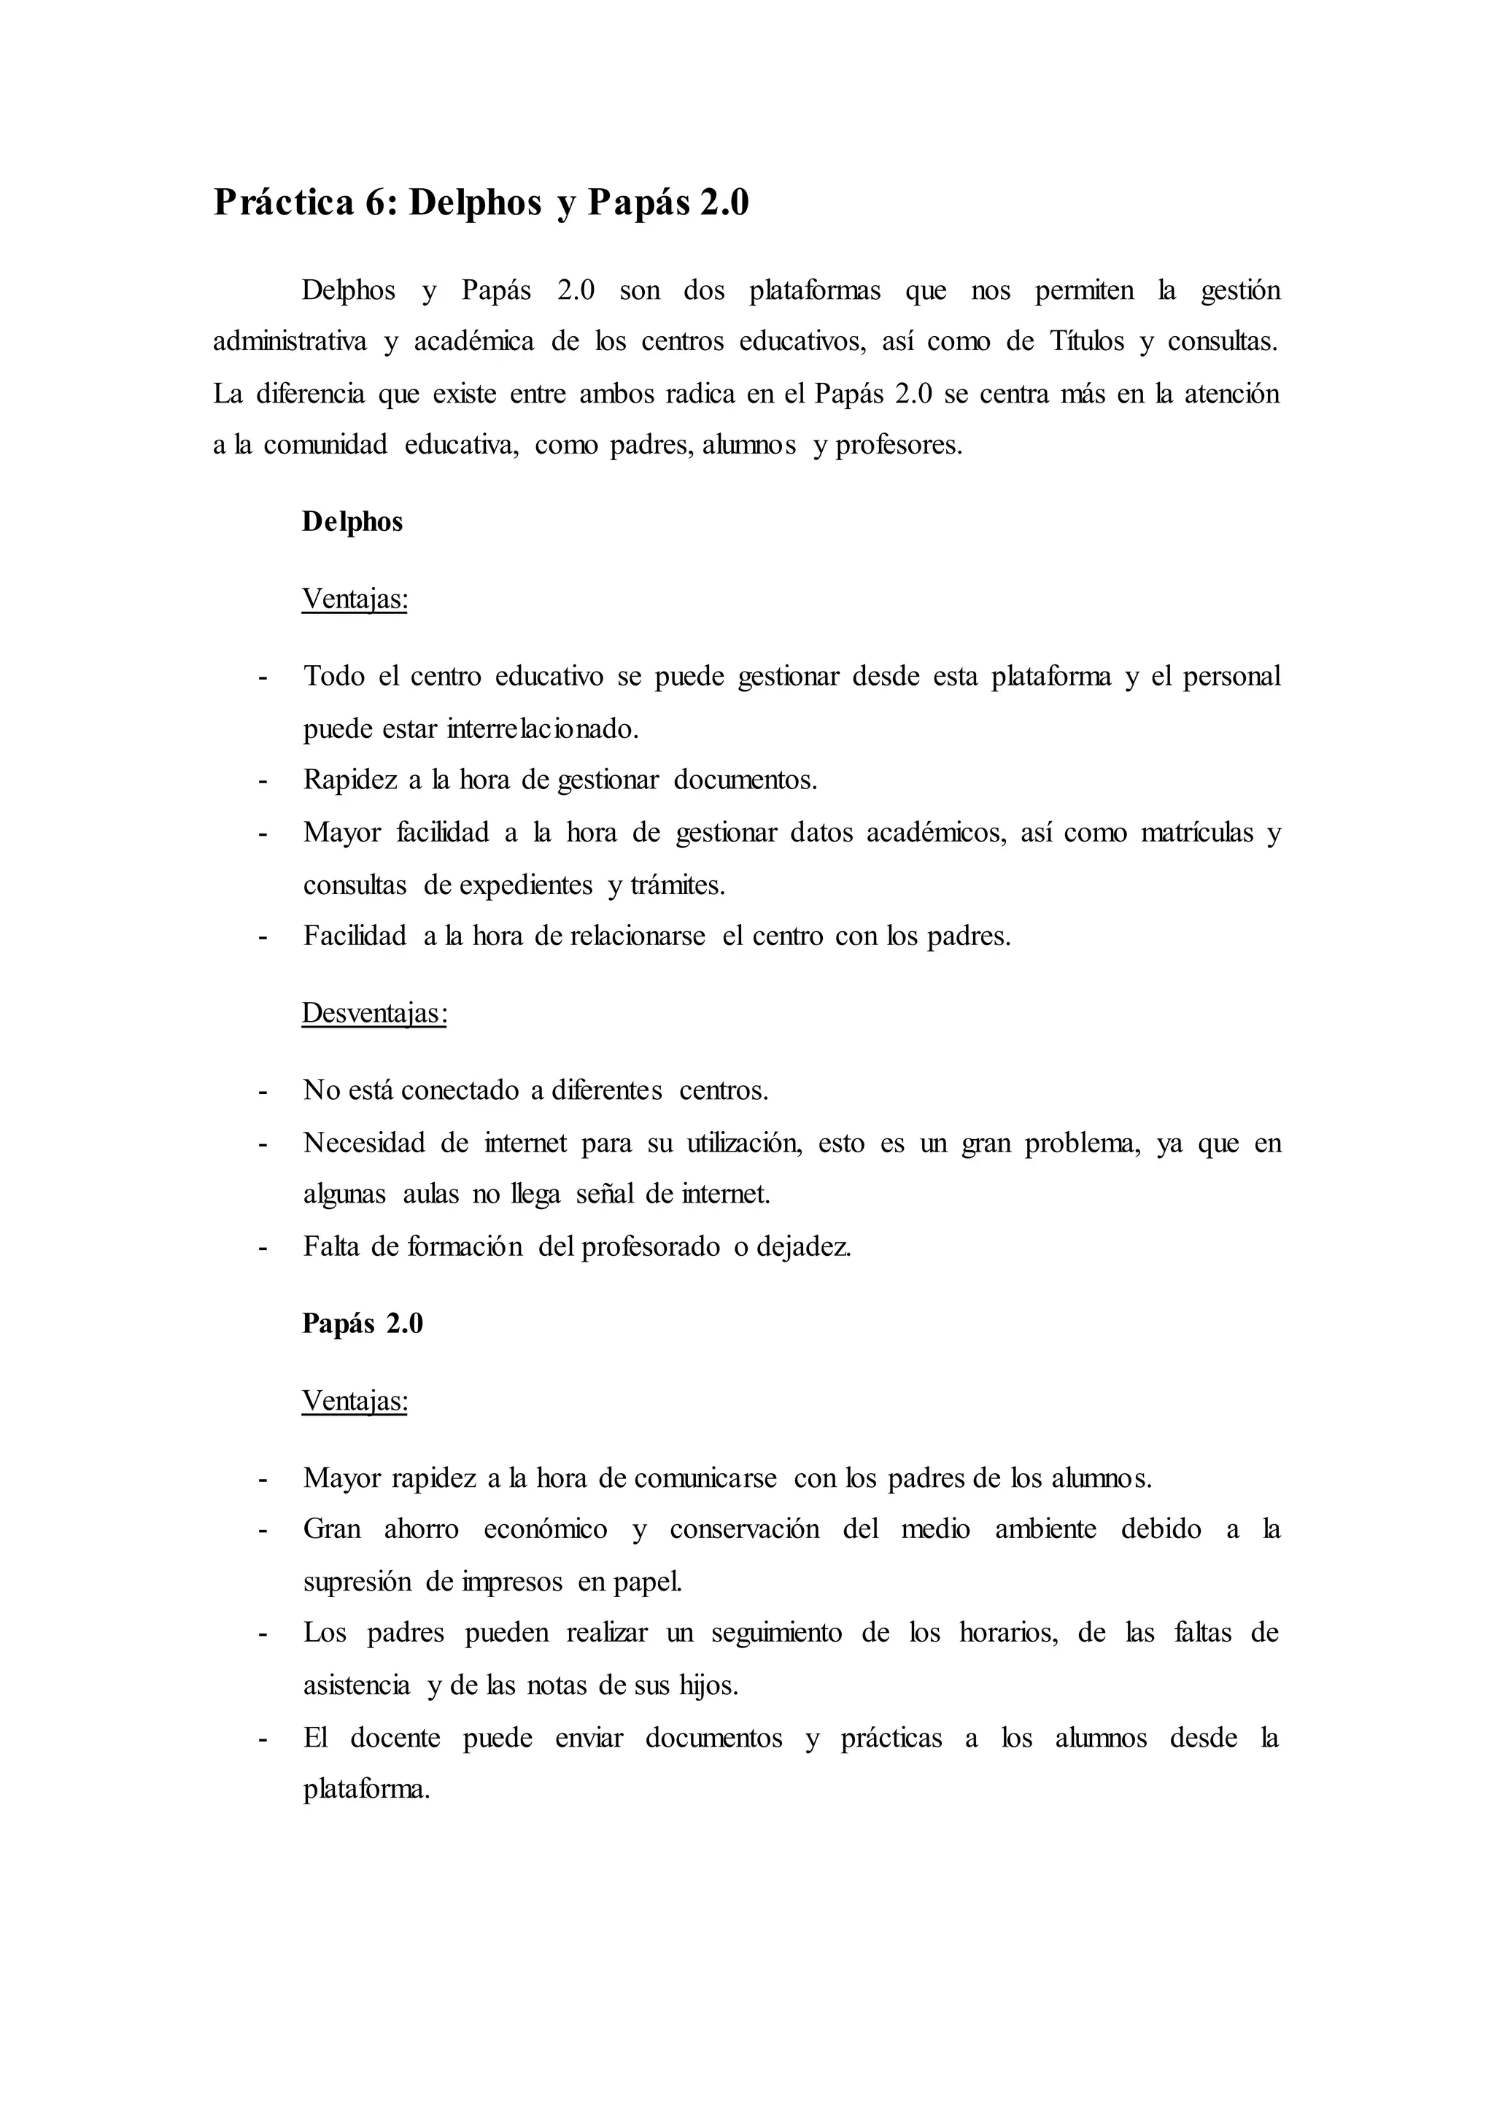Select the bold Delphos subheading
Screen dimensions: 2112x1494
(352, 521)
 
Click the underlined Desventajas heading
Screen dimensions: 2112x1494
(374, 1014)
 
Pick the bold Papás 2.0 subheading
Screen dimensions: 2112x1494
(363, 1324)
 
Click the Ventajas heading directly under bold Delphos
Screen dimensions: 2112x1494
(355, 599)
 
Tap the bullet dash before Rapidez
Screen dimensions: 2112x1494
(263, 781)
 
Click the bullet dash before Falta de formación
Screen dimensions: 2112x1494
(263, 1246)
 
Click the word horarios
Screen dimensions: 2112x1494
(1008, 1633)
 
